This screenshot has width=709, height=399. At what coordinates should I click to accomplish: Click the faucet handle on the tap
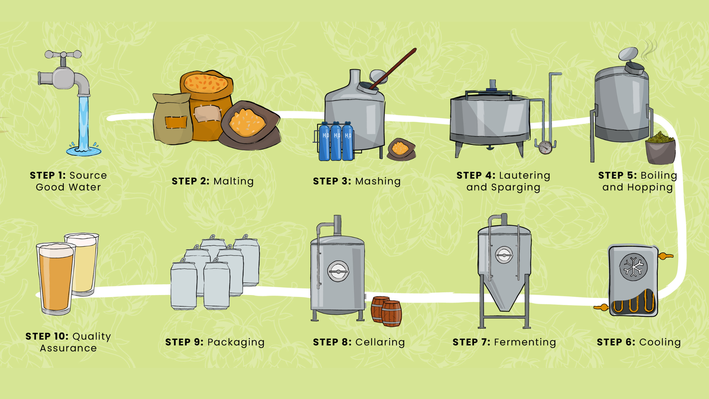[x=63, y=54]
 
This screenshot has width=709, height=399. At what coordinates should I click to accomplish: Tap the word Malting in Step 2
[x=234, y=181]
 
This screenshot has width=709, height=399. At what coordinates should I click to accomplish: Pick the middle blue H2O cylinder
[x=336, y=142]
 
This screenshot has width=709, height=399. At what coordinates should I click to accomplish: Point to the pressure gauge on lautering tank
[x=545, y=148]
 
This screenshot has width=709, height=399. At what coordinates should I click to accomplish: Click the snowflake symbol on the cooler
[x=633, y=267]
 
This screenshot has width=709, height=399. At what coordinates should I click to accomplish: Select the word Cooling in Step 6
[x=660, y=342]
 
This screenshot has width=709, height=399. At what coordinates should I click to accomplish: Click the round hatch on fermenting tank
[x=504, y=255]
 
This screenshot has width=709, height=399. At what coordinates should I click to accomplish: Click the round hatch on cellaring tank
[x=338, y=271]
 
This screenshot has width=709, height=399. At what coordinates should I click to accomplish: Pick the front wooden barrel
[x=392, y=313]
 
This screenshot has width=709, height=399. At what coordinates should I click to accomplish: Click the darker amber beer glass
[x=56, y=279]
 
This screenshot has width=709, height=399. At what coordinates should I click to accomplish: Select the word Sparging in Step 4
[x=516, y=187]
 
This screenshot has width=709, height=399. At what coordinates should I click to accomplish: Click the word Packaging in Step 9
[x=236, y=342]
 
